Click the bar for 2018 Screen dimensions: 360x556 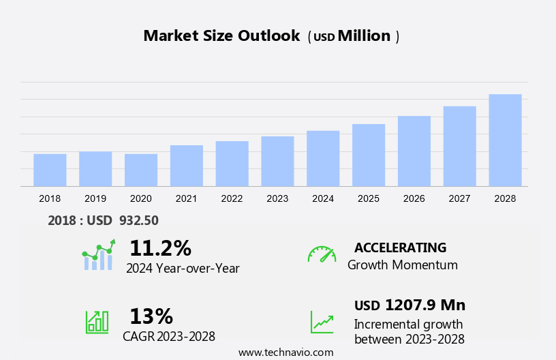point(50,170)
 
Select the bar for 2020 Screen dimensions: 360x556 point(141,170)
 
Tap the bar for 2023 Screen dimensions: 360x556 point(277,161)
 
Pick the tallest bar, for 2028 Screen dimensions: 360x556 point(505,140)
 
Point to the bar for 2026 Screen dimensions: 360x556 point(414,151)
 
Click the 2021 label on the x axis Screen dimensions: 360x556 point(186,198)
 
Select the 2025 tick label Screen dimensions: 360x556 point(369,198)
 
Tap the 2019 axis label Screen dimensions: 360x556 point(95,198)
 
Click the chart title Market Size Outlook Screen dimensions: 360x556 point(221,36)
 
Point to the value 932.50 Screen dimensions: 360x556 point(138,220)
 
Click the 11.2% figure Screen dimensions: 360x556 point(160,247)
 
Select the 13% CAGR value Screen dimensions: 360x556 point(151,316)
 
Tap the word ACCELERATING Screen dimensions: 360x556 point(400,247)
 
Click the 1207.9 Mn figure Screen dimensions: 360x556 point(425,305)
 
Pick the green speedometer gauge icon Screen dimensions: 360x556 point(322,254)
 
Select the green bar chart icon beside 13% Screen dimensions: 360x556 point(97,321)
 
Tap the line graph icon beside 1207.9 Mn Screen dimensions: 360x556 point(322,322)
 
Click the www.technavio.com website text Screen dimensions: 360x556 point(285,352)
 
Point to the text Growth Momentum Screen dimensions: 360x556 point(402,265)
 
